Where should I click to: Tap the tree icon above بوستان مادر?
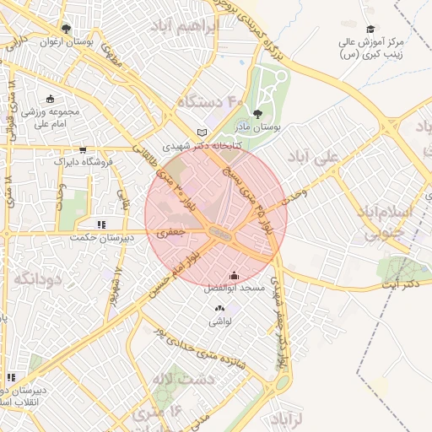(x=257, y=114)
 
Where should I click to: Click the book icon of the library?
(x=201, y=132)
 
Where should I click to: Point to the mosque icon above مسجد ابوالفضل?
(x=234, y=275)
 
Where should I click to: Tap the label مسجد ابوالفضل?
(x=234, y=288)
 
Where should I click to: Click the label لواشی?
(x=219, y=321)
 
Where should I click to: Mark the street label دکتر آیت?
(x=400, y=284)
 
